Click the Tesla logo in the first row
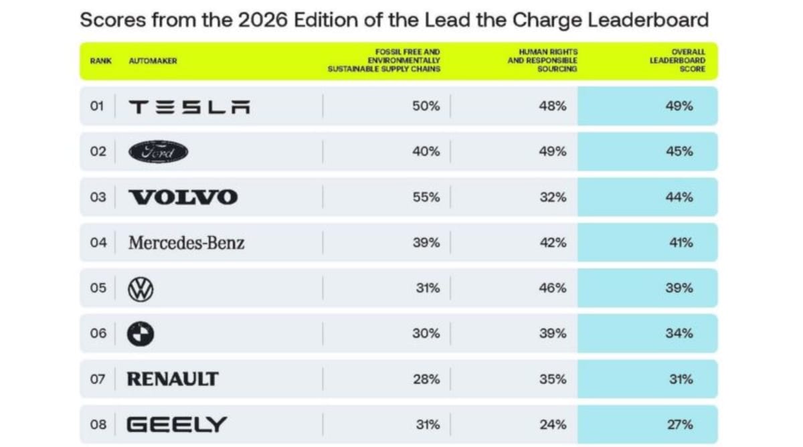[189, 106]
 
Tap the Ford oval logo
[158, 152]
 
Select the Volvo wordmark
[183, 197]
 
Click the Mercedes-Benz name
[186, 243]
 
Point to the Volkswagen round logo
[141, 288]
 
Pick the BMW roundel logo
[141, 334]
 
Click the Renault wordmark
[173, 379]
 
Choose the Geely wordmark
[177, 424]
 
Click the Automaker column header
[153, 61]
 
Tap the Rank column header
[100, 61]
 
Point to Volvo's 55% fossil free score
[426, 197]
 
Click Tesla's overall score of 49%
[679, 106]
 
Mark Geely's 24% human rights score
[552, 424]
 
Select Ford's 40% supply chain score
[426, 152]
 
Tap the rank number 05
[98, 288]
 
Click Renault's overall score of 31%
[680, 379]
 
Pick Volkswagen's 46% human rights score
[552, 288]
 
